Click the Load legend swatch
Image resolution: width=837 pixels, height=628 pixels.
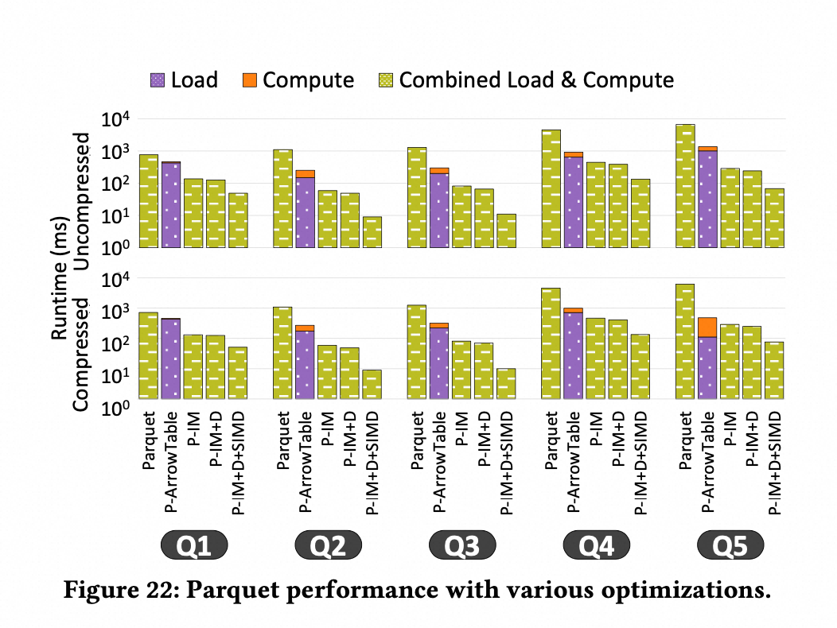[158, 80]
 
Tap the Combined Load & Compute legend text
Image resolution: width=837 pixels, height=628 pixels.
[536, 80]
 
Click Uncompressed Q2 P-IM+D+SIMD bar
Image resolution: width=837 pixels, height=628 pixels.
[372, 232]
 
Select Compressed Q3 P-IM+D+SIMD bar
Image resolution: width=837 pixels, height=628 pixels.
[506, 383]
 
